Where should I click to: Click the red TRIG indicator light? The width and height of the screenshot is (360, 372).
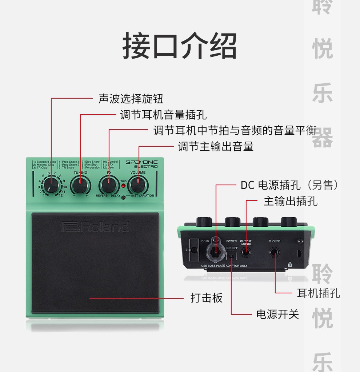click(123, 186)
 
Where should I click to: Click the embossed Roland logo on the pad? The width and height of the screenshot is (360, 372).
click(95, 227)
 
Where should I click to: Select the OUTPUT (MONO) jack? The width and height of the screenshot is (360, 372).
click(246, 252)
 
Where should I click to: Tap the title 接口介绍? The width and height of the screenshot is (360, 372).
click(180, 46)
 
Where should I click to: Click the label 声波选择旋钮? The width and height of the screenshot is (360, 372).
click(131, 99)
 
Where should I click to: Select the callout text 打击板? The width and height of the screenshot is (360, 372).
click(207, 298)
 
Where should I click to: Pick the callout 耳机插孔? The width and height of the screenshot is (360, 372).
click(319, 293)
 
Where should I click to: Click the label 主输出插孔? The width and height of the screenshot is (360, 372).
click(290, 201)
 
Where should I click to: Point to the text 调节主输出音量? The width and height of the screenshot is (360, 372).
click(215, 147)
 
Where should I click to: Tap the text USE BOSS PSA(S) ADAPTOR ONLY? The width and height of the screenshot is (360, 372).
click(224, 266)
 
